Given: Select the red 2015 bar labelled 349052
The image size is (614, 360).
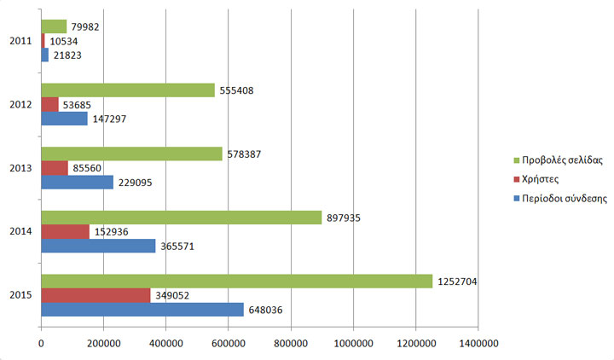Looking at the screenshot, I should pos(96,295).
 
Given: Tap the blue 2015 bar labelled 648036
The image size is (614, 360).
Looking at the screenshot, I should pos(142,309).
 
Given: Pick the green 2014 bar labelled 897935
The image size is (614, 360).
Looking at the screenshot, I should pos(181,218).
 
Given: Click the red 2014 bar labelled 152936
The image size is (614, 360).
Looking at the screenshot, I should pos(65,231).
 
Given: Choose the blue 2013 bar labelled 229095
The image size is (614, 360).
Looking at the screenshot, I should pos(77,183).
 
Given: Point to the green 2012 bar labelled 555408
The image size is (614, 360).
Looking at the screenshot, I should pos(128,90).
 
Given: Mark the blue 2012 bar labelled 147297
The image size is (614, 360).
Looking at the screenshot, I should pos(64,119).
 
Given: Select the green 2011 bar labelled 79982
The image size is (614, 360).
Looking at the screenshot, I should pos(54,26).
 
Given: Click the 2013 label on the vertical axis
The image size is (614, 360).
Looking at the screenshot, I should pos(21,168).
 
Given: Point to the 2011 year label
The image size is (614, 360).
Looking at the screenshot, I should pos(21,41).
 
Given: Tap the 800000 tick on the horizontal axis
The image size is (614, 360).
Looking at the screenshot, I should pos(291,343).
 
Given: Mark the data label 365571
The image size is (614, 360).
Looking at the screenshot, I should pos(178,246).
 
